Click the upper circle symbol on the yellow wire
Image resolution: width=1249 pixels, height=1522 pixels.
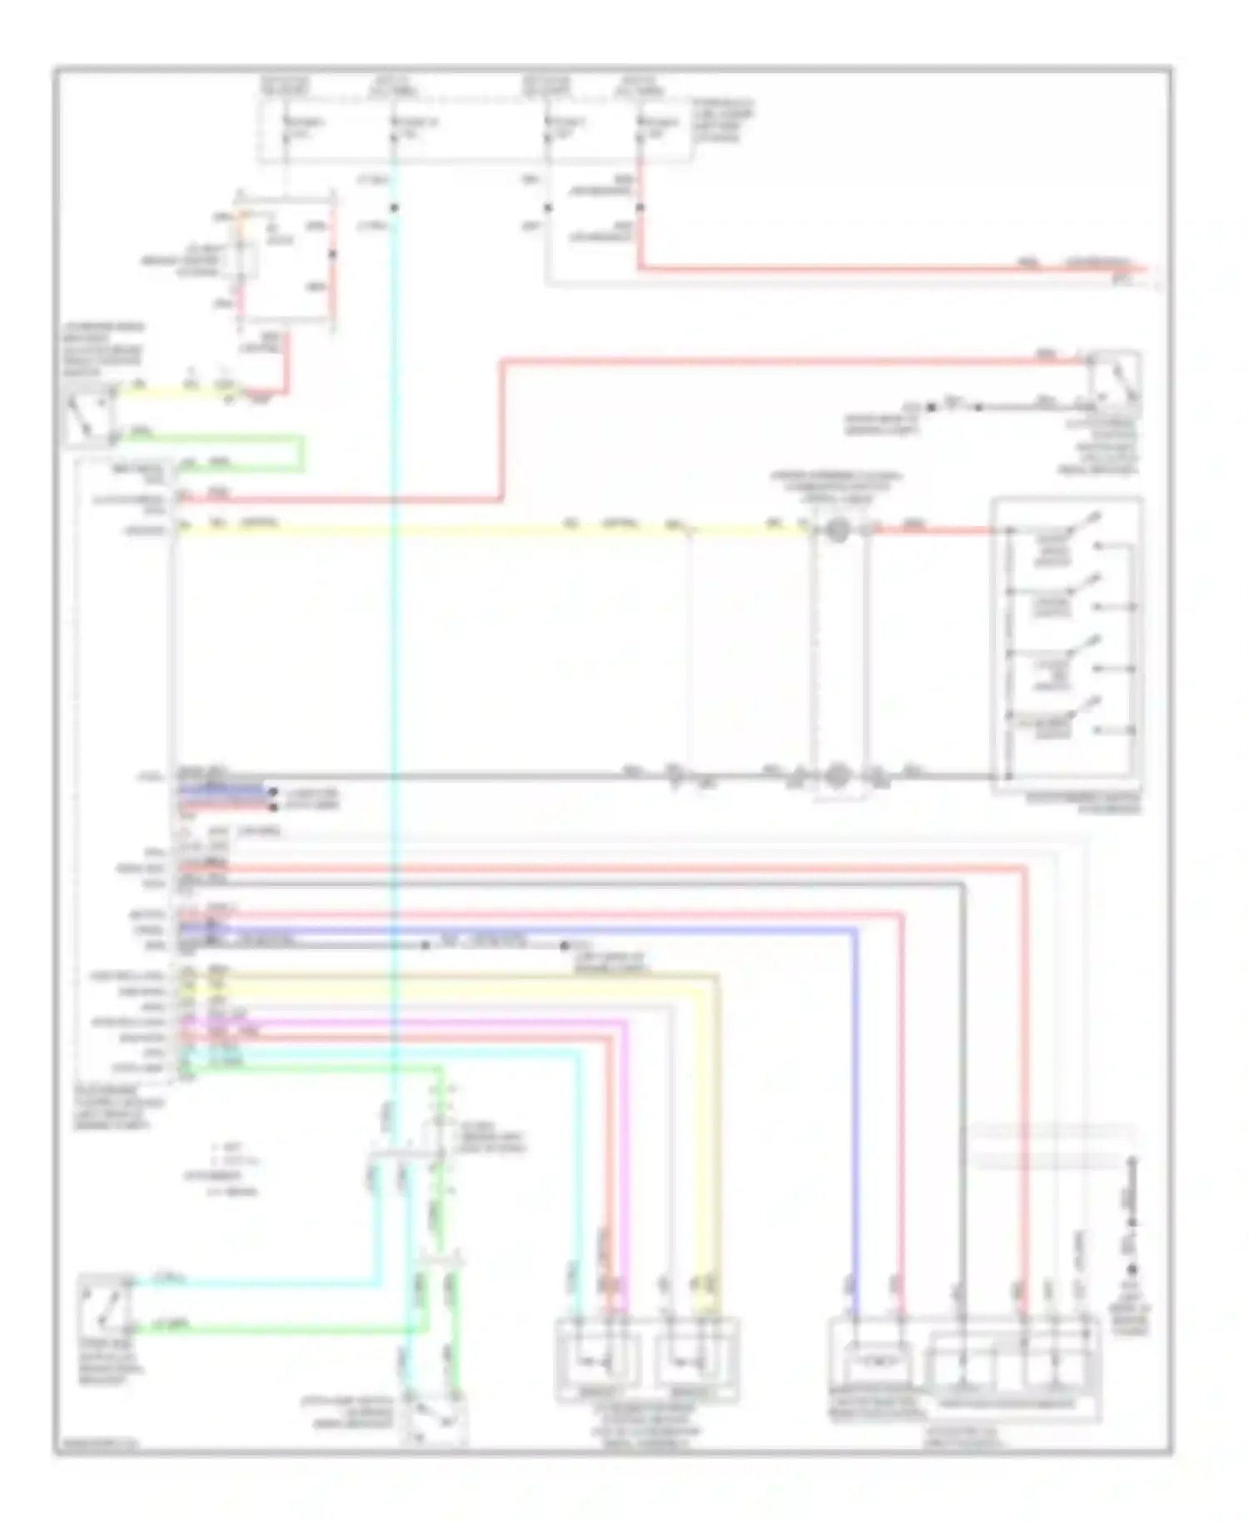(838, 530)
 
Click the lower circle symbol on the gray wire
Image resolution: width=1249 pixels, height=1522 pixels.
(838, 776)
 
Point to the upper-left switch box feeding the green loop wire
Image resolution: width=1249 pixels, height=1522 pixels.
(90, 414)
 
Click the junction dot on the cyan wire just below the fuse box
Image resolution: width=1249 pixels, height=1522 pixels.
(394, 207)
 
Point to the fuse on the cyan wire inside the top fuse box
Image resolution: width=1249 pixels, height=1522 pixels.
(394, 127)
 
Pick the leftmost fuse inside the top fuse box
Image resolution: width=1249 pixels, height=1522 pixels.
(286, 127)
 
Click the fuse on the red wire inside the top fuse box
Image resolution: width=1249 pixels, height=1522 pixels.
(639, 127)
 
